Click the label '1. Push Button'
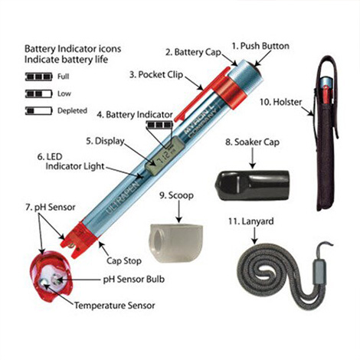(259, 46)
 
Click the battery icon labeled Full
(38, 77)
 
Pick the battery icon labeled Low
(38, 93)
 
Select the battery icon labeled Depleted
(38, 110)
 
